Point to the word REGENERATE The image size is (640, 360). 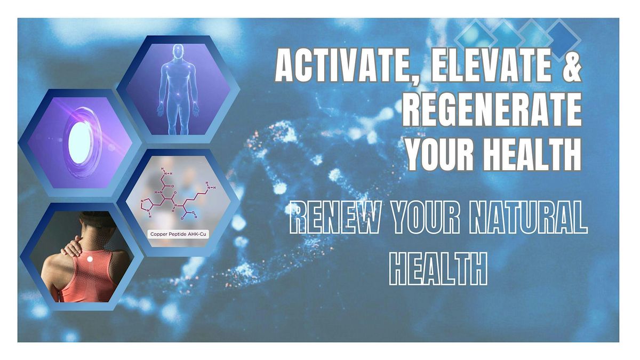coord(492,110)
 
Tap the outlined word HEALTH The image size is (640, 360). coord(438,268)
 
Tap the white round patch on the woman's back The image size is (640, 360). coord(90,258)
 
